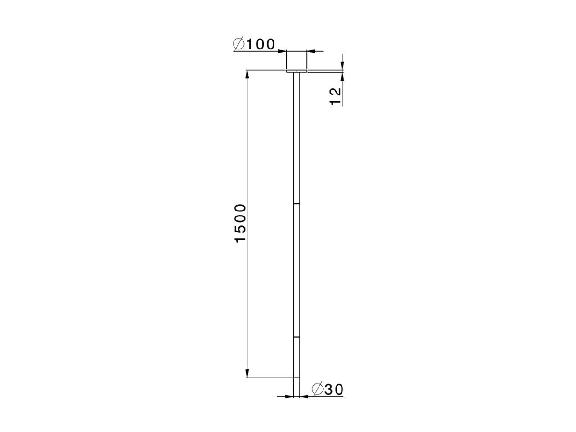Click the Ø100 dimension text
pyautogui.click(x=254, y=44)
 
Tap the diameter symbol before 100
pyautogui.click(x=238, y=44)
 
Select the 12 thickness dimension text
pyautogui.click(x=335, y=96)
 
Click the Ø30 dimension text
pyautogui.click(x=327, y=389)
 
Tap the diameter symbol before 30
pyautogui.click(x=317, y=389)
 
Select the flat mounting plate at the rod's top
pyautogui.click(x=297, y=71)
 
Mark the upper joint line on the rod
pyautogui.click(x=297, y=204)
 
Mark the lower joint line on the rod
pyautogui.click(x=297, y=337)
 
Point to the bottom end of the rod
pyautogui.click(x=297, y=377)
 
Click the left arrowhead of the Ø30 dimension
pyautogui.click(x=289, y=396)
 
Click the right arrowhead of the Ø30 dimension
pyautogui.click(x=304, y=396)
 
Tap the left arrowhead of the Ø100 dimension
pyautogui.click(x=282, y=51)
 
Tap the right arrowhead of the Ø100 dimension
pyautogui.click(x=311, y=51)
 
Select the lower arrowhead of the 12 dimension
pyautogui.click(x=342, y=76)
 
